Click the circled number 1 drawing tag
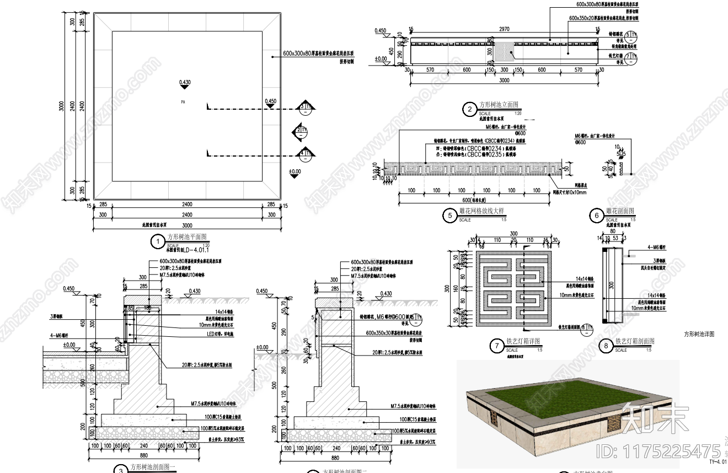pos(158,241)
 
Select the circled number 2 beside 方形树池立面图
pos(469,110)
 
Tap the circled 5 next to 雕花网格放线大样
pos(451,216)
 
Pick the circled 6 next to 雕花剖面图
pos(597,216)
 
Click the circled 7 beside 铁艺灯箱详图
pos(497,346)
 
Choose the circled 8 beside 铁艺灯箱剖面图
pos(606,346)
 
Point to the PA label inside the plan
pos(183,102)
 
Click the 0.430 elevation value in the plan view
pos(185,83)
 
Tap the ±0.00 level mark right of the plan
pos(295,172)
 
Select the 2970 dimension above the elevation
pos(504,29)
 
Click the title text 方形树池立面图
pos(499,105)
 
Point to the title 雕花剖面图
pos(620,211)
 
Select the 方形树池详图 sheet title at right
pos(699,334)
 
